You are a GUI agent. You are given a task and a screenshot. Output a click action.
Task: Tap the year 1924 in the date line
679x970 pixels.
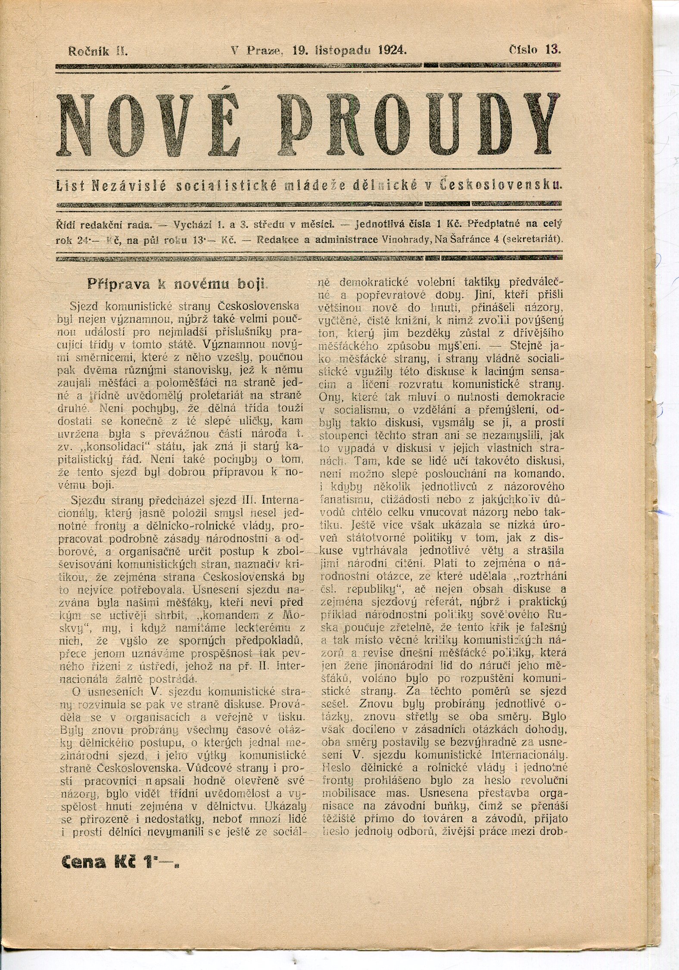[391, 50]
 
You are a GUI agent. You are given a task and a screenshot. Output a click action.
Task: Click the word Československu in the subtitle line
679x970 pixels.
[502, 186]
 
